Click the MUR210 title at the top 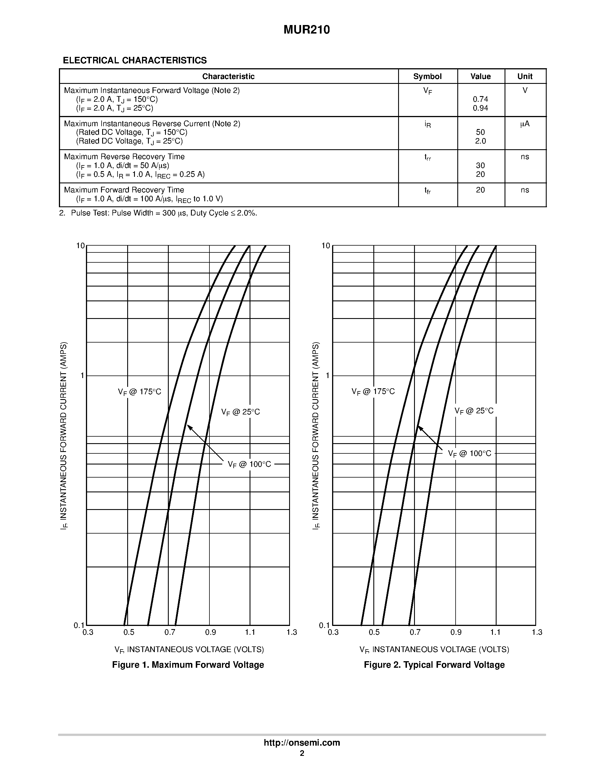point(306,30)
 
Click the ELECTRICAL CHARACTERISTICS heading point(135,61)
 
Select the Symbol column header point(427,76)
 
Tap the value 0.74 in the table point(480,99)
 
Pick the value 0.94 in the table point(480,108)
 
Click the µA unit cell point(525,124)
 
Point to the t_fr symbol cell point(427,190)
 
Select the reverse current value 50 point(480,132)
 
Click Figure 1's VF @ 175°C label point(140,392)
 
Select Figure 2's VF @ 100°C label point(470,454)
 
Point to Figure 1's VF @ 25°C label point(240,412)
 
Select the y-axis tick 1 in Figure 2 point(327,376)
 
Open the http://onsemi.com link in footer point(302,742)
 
